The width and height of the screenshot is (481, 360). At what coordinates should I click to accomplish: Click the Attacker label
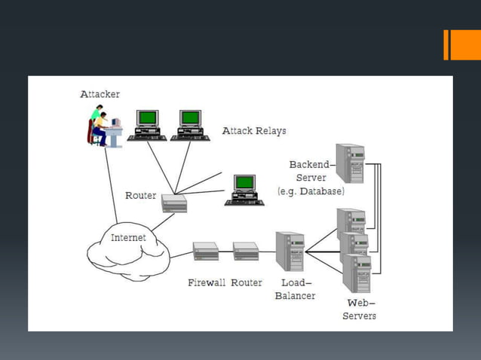coord(100,94)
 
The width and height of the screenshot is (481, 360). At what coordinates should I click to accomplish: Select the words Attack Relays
coord(254,131)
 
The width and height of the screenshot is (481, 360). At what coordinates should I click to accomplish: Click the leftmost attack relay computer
coord(147,125)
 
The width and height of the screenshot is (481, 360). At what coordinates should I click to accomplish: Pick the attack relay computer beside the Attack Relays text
coord(190,125)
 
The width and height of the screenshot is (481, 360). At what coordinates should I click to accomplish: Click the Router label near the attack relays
coord(140,196)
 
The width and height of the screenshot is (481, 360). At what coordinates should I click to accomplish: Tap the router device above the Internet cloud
coord(173,203)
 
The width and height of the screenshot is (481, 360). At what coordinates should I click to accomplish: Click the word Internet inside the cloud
coord(128,238)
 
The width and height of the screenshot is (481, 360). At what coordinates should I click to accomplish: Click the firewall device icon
coord(206,251)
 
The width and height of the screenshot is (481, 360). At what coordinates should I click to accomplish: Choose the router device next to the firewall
coord(246,251)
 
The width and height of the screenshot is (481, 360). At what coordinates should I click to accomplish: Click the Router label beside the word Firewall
coord(247,282)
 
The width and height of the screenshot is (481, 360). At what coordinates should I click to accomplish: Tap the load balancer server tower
coord(290,251)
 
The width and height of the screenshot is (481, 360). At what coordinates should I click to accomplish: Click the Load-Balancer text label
coord(295,289)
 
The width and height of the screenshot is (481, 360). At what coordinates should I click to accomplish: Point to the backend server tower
coord(351,163)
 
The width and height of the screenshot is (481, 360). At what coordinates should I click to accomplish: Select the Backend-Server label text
coord(310,170)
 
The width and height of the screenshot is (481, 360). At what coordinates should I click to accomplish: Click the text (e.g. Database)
coord(311,191)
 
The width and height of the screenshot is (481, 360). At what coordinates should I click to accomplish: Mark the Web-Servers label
coord(359,309)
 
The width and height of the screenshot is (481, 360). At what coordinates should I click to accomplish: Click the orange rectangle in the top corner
coord(461,44)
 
